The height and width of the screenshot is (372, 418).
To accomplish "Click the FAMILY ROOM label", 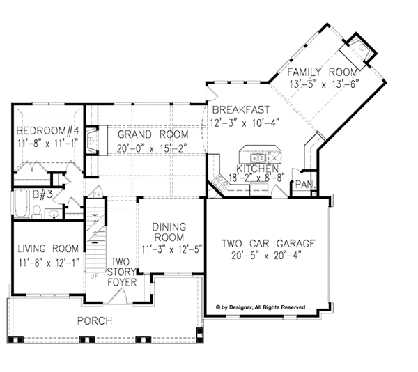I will pos(323,72).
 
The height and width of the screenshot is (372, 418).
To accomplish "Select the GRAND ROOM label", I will pos(153,133).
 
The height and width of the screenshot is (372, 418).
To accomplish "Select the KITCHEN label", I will pos(258,169).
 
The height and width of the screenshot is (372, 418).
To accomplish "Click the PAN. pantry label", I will pos(304,184).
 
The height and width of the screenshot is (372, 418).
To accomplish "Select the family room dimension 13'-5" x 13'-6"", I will pos(323,84).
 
